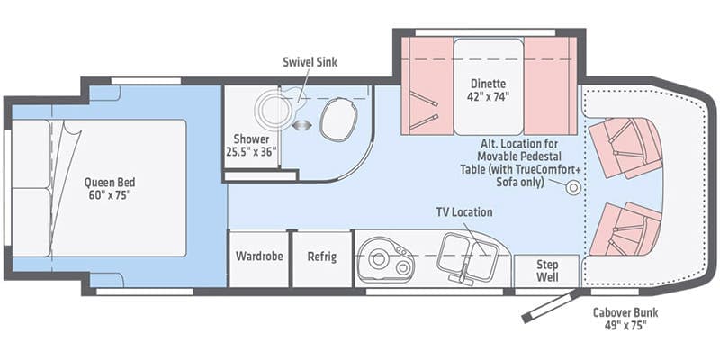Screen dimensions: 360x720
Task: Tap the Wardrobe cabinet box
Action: [x=259, y=257]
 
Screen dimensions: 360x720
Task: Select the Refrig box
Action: [x=321, y=257]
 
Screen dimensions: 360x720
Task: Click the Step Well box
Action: [x=547, y=271]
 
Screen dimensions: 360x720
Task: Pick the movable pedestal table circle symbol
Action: [x=571, y=186]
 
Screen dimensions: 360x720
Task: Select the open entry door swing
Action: [x=548, y=306]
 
